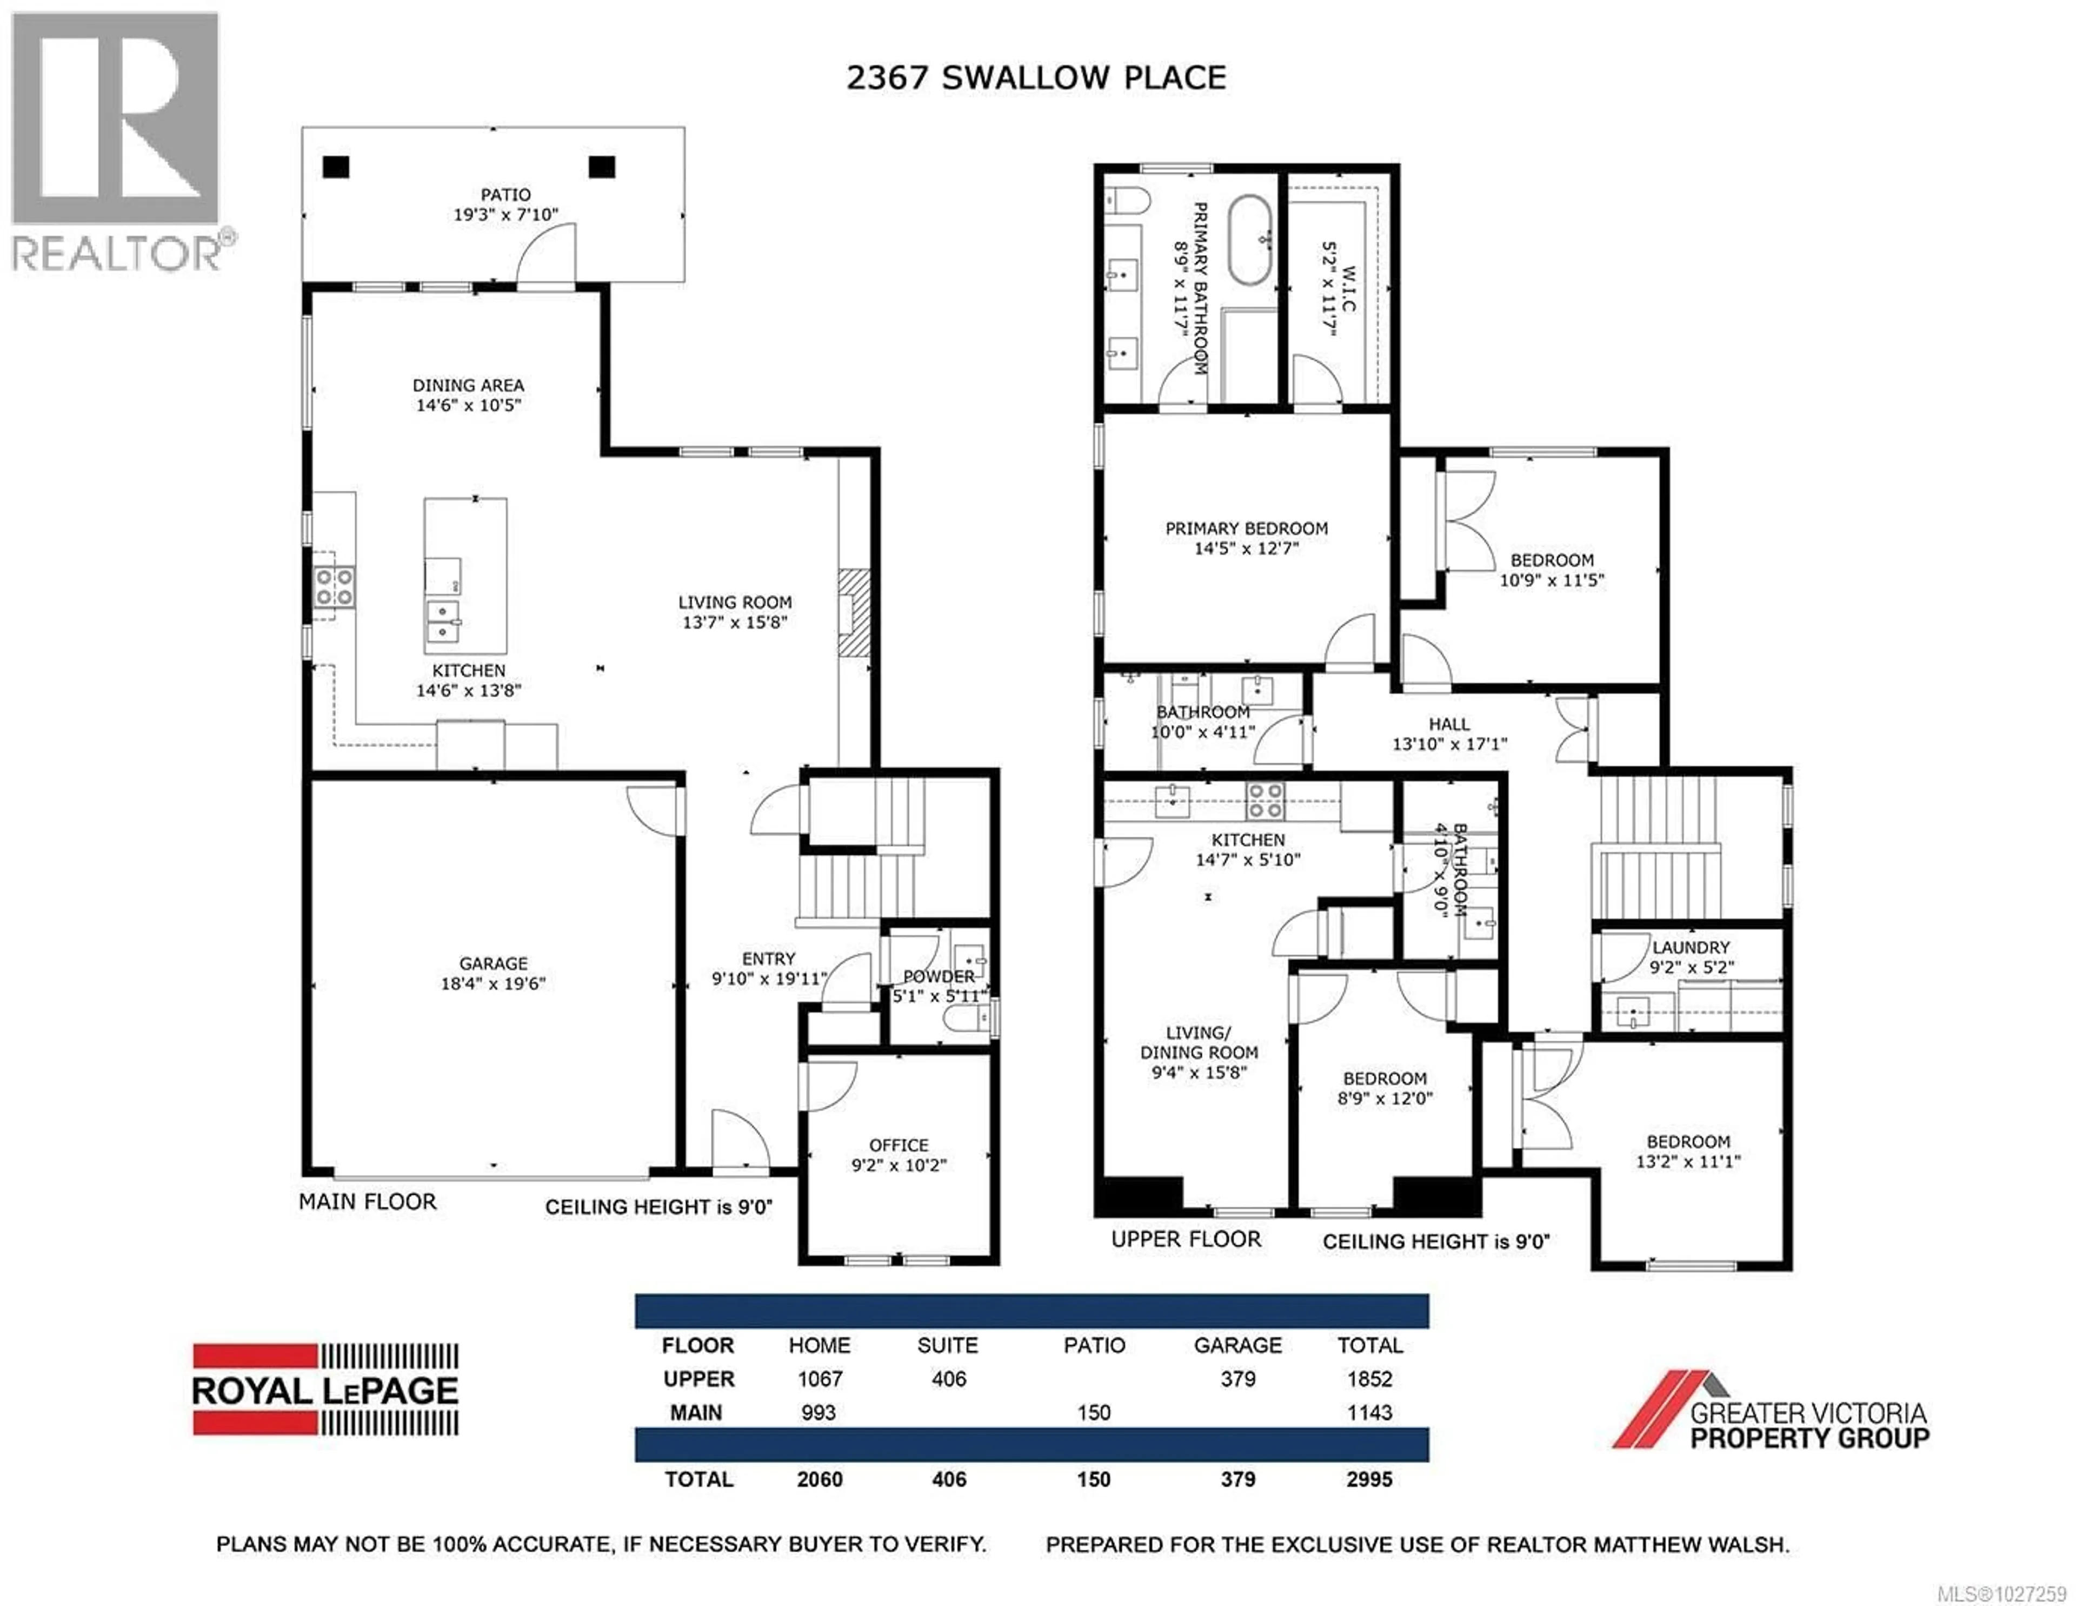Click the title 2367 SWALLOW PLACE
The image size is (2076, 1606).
1036,77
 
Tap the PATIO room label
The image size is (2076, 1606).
505,195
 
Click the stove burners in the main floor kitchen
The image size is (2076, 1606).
335,587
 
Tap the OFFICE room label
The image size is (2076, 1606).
899,1145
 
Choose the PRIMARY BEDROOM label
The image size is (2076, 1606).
1246,528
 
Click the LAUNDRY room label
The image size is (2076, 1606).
1690,947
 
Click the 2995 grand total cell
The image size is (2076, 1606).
1369,1479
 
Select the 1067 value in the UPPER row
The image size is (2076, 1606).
820,1379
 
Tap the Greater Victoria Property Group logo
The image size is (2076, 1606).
1770,1411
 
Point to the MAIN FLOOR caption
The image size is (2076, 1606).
368,1202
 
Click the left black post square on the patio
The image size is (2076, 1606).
336,167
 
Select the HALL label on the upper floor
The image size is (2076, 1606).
1449,724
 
